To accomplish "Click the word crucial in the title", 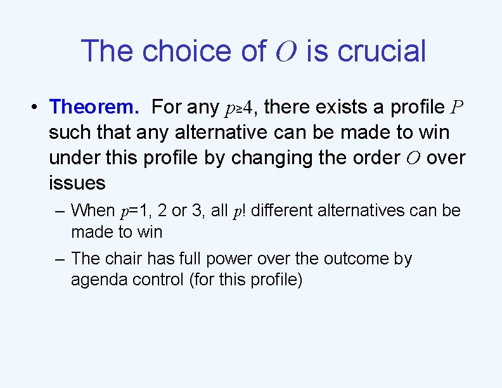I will tap(382, 51).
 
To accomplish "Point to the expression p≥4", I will tap(241, 108).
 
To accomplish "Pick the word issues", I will tap(77, 183).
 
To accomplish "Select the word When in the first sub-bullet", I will tap(93, 210).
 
